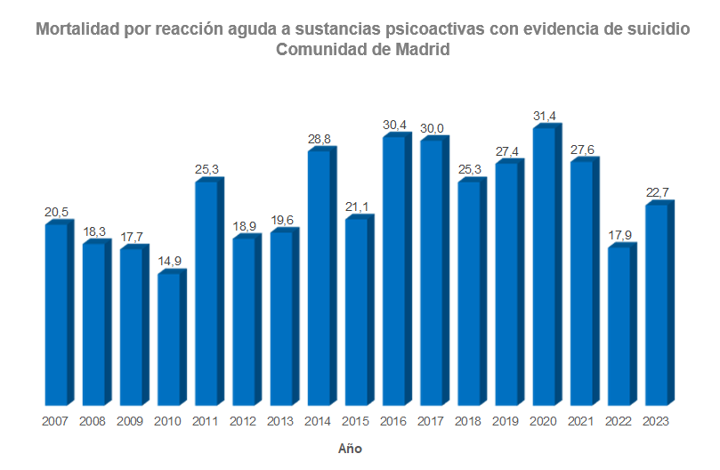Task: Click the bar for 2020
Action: (544, 266)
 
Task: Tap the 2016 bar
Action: (393, 271)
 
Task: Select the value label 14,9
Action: (169, 261)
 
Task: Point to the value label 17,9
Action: (619, 236)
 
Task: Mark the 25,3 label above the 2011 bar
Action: (206, 169)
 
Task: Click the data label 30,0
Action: (432, 129)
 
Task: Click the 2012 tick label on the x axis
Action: (244, 421)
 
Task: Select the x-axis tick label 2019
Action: (506, 421)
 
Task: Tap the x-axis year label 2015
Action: (356, 421)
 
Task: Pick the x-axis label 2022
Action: (619, 421)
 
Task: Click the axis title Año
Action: (350, 449)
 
